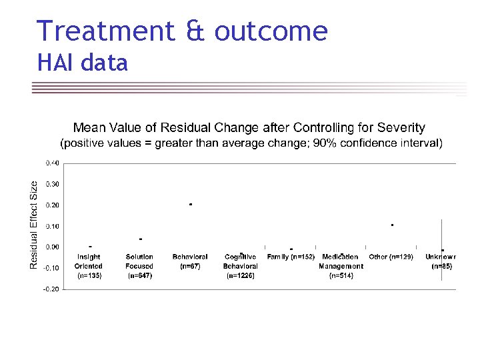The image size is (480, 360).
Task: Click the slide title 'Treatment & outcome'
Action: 182,31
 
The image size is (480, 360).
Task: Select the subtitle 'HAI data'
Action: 83,63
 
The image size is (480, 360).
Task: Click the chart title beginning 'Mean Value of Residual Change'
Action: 249,127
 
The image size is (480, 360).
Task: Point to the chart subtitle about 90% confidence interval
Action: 251,143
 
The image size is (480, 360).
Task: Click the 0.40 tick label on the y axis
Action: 51,163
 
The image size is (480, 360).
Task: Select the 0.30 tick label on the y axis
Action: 51,184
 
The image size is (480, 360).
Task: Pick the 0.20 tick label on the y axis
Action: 51,205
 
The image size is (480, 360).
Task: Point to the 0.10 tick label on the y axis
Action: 51,226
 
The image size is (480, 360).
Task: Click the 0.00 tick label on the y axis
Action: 51,247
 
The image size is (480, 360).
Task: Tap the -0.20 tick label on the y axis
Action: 51,289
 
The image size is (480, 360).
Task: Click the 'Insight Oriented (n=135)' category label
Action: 89,265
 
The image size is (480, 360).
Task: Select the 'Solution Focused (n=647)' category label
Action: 139,265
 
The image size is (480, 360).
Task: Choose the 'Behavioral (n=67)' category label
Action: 190,261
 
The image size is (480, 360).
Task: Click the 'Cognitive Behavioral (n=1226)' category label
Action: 241,265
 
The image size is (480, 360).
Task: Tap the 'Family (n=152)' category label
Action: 291,257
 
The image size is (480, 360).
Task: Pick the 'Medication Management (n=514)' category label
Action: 341,265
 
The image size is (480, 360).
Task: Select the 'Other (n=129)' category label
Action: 391,257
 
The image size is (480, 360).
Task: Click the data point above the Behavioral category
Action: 191,204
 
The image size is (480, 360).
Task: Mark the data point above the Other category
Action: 392,225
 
